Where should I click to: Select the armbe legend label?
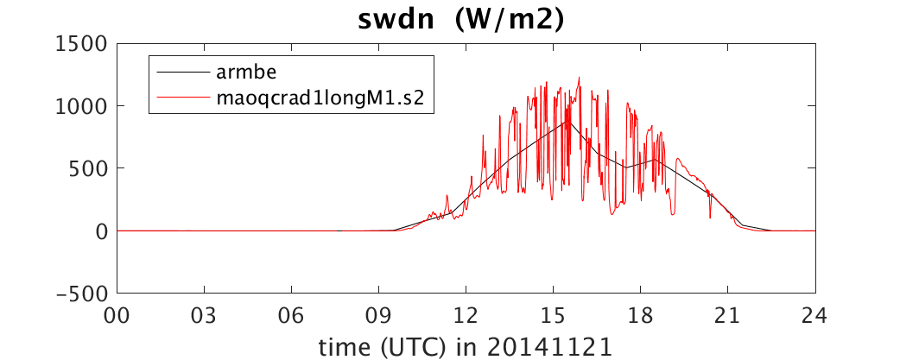[247, 73]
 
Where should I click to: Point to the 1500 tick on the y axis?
[83, 43]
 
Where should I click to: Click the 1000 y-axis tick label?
[83, 106]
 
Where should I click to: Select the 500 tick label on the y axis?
[89, 168]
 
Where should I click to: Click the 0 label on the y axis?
[102, 231]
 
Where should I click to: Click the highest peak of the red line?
[580, 78]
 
